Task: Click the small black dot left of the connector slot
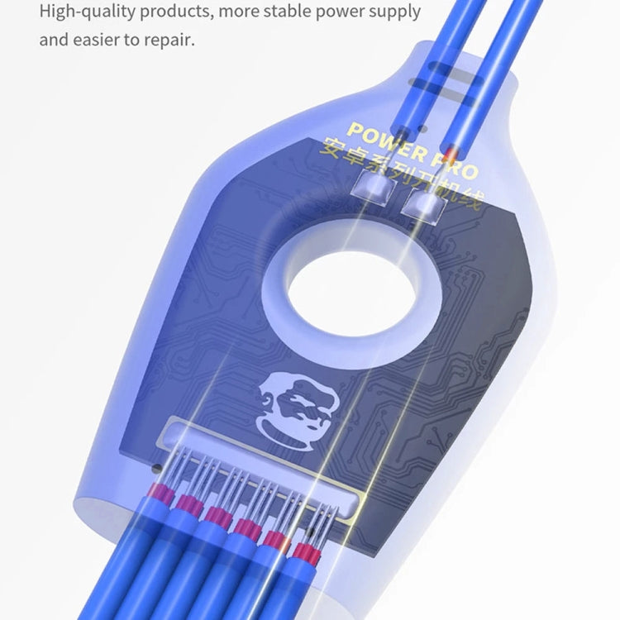(x=155, y=468)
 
